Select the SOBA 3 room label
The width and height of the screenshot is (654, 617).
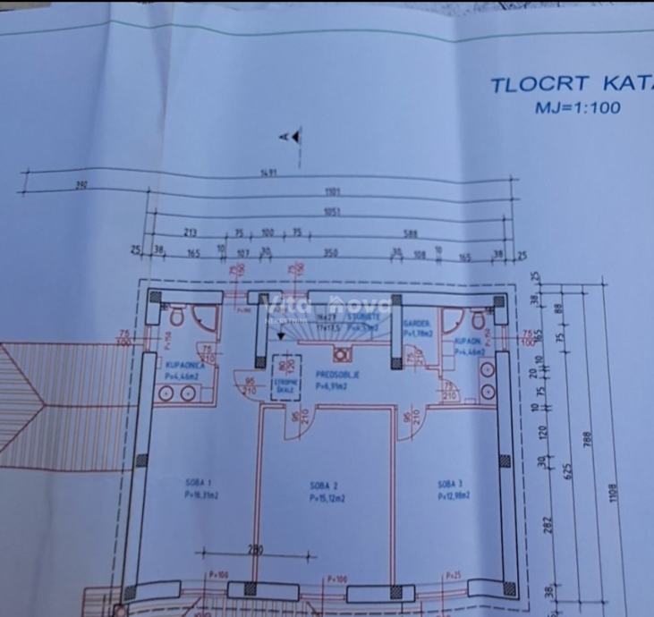pyautogui.click(x=454, y=486)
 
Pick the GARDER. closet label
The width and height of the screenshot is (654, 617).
pyautogui.click(x=417, y=324)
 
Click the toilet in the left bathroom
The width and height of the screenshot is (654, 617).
pyautogui.click(x=175, y=316)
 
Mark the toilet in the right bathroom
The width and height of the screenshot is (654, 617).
pyautogui.click(x=479, y=318)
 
